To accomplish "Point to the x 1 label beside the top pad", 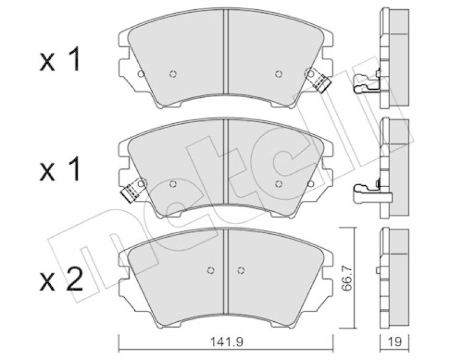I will [x=61, y=61].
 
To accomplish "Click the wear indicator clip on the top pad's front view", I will [x=318, y=80].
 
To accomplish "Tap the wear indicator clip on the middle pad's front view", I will [x=133, y=190].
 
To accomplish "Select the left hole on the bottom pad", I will [x=211, y=270].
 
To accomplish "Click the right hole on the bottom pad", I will [x=241, y=270].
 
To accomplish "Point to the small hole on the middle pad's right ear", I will [x=311, y=183].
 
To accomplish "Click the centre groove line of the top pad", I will [x=226, y=58].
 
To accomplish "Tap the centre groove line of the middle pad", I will [x=226, y=168].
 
